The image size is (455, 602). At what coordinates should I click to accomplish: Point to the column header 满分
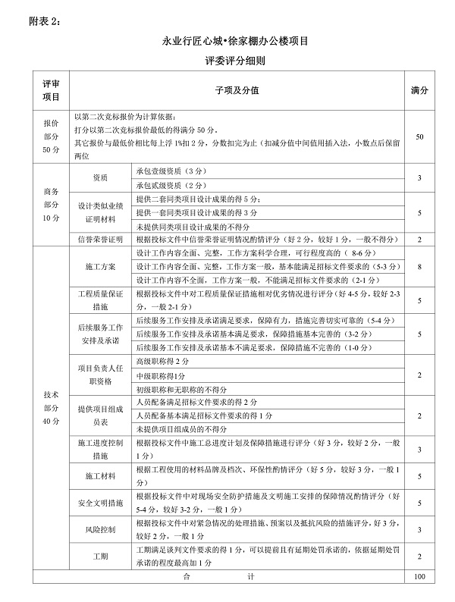(x=419, y=90)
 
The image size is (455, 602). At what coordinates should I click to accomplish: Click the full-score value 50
(x=419, y=136)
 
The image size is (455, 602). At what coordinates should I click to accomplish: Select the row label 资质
(x=100, y=178)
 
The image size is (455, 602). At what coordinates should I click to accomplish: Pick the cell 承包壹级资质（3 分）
(x=171, y=171)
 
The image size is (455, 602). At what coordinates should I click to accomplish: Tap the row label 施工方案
(x=100, y=267)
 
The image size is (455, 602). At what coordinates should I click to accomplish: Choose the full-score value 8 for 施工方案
(x=419, y=267)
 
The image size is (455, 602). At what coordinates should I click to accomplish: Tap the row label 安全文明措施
(x=100, y=503)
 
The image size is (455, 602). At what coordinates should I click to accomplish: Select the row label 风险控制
(x=100, y=529)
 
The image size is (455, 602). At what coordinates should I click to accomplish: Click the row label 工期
(x=100, y=557)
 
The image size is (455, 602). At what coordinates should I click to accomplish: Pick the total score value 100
(x=419, y=578)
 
